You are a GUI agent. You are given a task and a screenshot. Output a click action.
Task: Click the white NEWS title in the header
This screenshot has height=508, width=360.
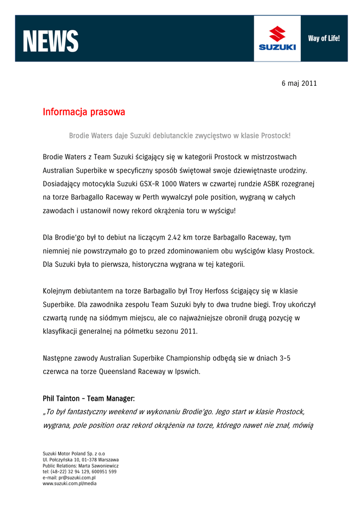51,41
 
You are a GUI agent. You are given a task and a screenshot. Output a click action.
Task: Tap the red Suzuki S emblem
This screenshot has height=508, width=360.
277,35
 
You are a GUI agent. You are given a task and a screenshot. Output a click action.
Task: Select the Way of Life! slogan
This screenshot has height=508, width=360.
324,38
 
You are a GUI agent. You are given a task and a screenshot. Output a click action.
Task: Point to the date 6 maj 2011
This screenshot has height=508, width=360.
299,83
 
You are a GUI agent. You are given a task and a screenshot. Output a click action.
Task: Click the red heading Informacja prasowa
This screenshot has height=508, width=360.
83,112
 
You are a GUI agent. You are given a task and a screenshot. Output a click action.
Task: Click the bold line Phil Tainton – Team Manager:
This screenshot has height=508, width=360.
89,398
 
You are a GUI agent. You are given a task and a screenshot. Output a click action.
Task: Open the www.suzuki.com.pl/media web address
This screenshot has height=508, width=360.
70,483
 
